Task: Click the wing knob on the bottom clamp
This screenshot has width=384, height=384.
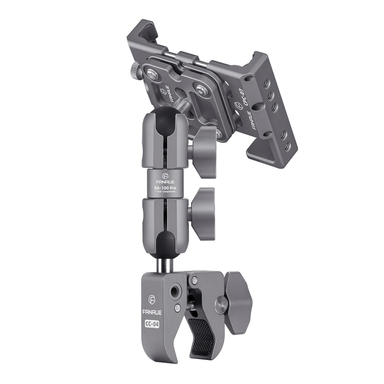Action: [x=238, y=302]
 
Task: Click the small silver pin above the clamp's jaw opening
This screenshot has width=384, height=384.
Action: [x=194, y=280]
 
